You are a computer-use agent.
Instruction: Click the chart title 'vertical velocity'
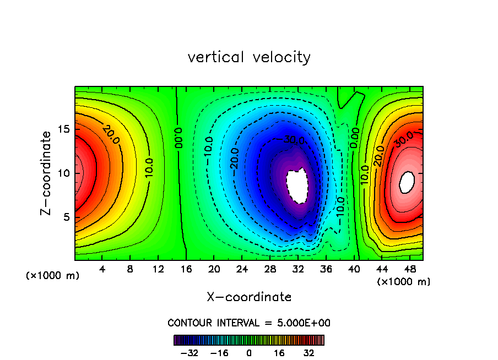pyautogui.click(x=249, y=57)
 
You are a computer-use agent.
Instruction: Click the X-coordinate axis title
pyautogui.click(x=249, y=297)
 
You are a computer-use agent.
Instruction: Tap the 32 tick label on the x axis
pyautogui.click(x=298, y=270)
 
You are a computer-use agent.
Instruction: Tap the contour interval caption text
pyautogui.click(x=249, y=323)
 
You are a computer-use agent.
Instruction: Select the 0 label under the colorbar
pyautogui.click(x=249, y=353)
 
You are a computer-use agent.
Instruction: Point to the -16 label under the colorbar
pyautogui.click(x=220, y=353)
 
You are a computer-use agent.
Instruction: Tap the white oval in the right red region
pyautogui.click(x=407, y=182)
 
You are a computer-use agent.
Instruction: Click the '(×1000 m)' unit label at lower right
pyautogui.click(x=404, y=282)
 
